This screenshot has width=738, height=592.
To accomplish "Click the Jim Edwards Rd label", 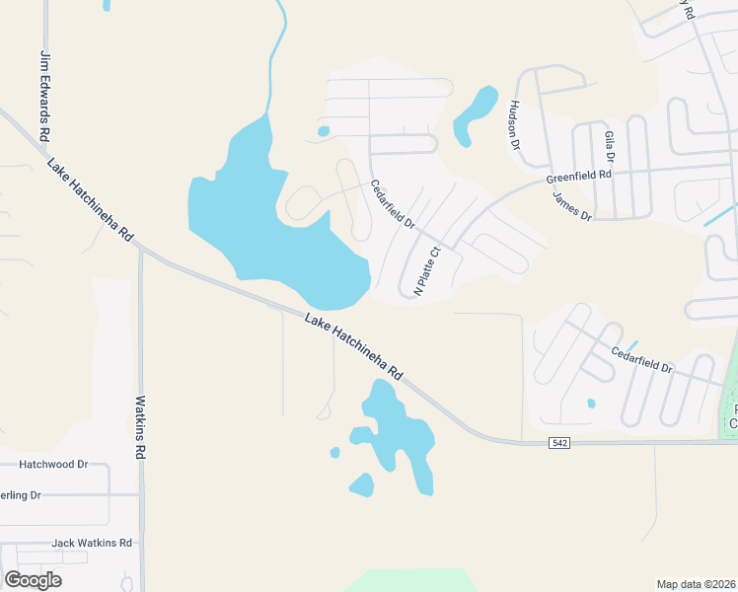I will [44, 95].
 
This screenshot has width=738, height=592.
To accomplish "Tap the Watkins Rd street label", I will [140, 426].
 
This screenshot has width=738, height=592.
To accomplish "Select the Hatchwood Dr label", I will [54, 464].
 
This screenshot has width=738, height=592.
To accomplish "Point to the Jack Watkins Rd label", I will [92, 543].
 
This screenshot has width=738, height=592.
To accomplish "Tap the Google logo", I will [34, 580].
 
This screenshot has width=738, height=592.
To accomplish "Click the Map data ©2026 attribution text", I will [696, 583].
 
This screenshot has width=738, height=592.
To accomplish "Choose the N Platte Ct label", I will [425, 272].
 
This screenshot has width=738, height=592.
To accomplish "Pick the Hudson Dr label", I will [515, 124].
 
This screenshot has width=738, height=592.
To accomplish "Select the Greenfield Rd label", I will [579, 178].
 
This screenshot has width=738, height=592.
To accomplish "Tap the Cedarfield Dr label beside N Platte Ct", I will [392, 204].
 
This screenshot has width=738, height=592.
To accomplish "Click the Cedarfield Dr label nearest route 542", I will [641, 359].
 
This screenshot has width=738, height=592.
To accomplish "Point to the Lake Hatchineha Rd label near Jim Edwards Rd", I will [90, 199].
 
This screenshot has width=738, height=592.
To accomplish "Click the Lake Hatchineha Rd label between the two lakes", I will [354, 347].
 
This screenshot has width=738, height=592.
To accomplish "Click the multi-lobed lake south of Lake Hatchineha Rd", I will [400, 434].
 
